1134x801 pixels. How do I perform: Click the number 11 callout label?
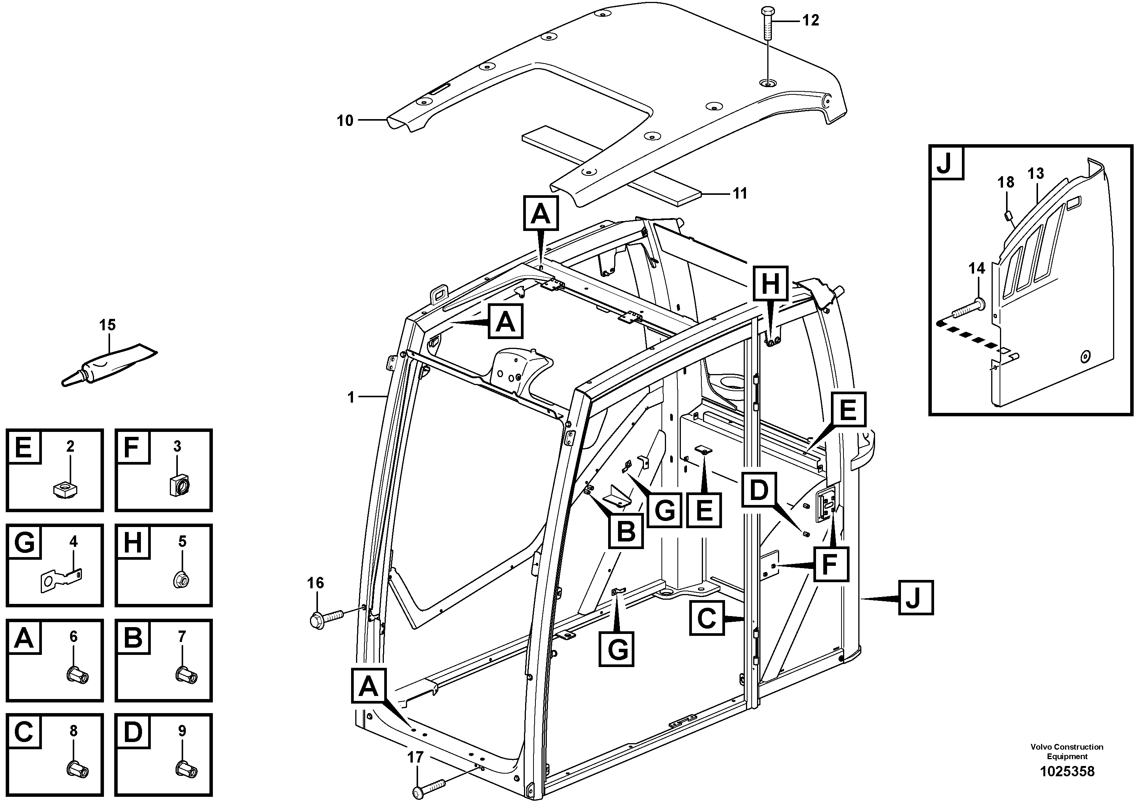click(739, 193)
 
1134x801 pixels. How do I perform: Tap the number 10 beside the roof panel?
click(345, 120)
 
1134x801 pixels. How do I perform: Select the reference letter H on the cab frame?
click(770, 284)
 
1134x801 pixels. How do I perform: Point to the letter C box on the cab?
click(707, 618)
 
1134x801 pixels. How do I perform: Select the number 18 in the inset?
click(1006, 182)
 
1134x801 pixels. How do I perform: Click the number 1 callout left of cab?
click(351, 397)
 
